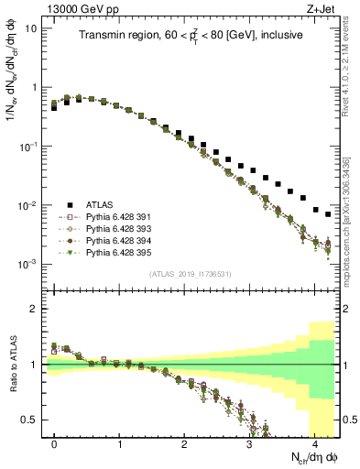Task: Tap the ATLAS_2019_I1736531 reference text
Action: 191,274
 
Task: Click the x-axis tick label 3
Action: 249,442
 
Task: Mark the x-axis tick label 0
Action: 54,442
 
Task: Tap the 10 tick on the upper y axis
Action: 31,28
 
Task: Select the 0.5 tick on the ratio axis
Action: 29,420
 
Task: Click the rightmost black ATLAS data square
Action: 328,214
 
